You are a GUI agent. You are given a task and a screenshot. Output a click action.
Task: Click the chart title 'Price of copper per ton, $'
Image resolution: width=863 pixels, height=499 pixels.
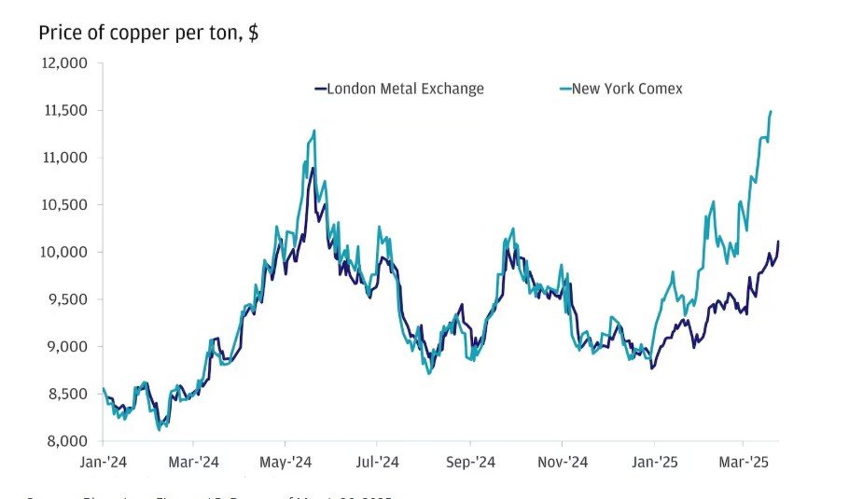click(148, 34)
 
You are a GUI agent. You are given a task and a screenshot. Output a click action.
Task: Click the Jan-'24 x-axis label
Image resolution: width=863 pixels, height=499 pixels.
click(103, 462)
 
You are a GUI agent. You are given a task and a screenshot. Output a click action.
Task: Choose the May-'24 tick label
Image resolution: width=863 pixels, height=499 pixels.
click(286, 462)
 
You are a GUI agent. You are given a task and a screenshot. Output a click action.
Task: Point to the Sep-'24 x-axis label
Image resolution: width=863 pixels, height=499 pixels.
click(470, 462)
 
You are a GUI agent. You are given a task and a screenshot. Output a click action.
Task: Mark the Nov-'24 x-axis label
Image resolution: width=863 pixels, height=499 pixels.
click(563, 462)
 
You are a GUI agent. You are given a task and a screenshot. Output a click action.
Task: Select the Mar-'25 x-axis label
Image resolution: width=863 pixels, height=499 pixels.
click(744, 462)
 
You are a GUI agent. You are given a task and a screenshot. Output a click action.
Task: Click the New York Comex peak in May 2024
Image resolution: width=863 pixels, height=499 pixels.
click(314, 131)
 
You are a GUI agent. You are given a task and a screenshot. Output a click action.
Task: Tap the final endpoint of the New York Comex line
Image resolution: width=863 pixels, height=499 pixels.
click(772, 111)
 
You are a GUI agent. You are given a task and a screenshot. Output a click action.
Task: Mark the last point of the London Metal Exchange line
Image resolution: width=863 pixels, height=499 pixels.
click(778, 242)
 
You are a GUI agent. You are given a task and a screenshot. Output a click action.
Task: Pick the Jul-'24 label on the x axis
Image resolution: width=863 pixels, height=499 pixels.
click(377, 462)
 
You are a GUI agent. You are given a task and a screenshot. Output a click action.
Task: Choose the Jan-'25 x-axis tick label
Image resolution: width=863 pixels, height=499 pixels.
click(654, 462)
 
